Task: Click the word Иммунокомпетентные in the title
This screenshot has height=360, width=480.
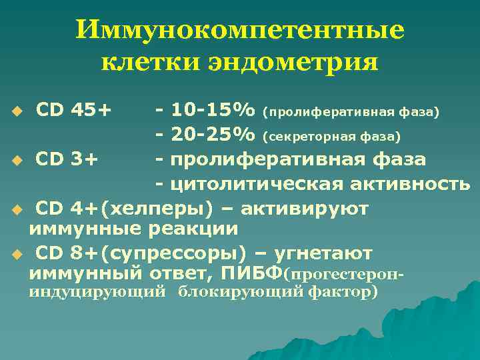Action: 239,31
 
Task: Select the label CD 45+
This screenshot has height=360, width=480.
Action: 73,108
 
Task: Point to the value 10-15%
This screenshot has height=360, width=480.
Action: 213,108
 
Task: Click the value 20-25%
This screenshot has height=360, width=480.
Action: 213,135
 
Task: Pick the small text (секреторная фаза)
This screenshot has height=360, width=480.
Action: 331,137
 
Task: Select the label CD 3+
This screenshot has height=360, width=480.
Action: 67,159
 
